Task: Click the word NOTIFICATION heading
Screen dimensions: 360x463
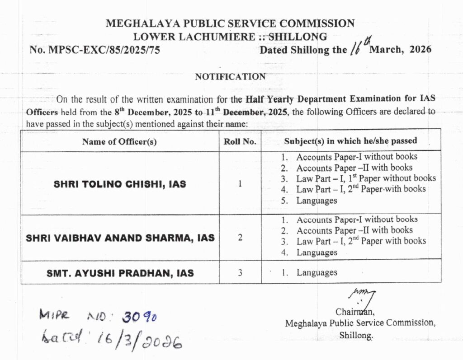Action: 230,77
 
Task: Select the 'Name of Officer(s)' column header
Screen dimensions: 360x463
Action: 119,141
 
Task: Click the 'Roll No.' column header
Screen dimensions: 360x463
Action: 240,141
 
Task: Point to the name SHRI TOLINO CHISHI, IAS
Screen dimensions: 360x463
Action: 120,184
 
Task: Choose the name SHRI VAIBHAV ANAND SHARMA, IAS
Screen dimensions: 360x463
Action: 120,238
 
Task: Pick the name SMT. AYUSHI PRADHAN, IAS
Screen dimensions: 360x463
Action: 120,273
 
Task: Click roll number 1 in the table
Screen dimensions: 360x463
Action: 240,184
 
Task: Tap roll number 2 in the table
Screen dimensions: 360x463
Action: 240,238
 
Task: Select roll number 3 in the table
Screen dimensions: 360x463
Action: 240,273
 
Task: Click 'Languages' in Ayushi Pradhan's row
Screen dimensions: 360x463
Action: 317,273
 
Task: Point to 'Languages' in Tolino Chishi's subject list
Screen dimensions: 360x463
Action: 317,201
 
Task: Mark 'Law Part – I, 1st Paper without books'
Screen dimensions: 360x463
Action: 366,178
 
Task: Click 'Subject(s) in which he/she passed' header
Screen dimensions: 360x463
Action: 350,141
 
